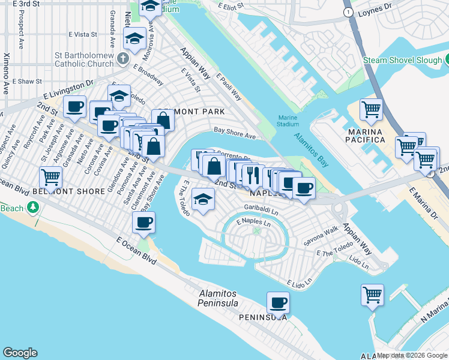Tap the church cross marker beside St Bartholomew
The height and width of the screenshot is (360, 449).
point(123,59)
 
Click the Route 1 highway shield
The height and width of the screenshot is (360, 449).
point(348,12)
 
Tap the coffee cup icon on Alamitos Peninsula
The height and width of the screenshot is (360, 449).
point(278,302)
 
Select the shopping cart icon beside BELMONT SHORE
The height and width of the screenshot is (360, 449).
point(51,177)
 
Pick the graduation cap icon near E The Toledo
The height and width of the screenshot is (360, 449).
point(203,198)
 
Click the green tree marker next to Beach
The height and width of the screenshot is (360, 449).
point(32,208)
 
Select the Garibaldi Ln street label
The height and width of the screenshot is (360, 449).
point(261,211)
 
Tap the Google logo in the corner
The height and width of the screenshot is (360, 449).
point(20,353)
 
